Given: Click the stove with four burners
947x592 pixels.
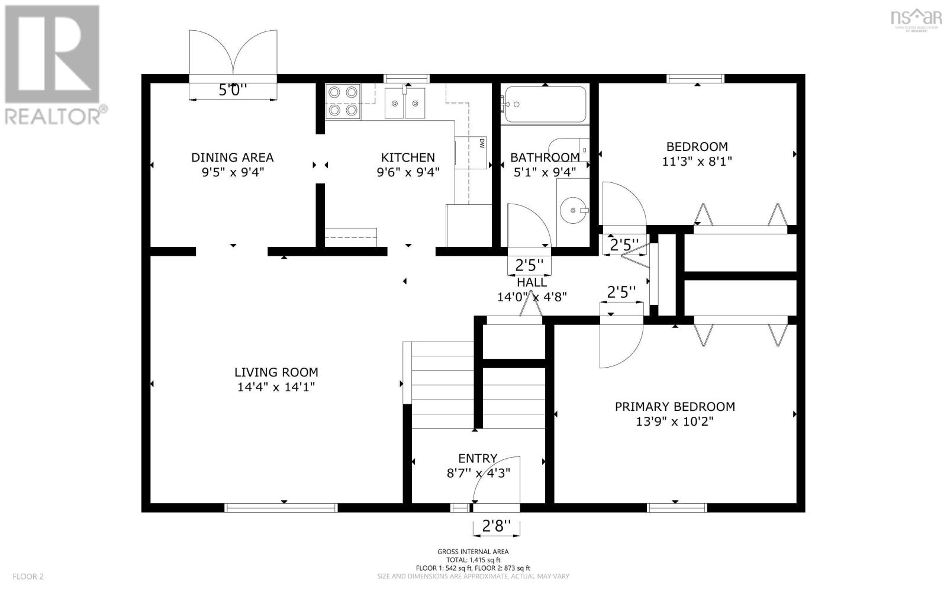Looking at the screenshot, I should [343, 101].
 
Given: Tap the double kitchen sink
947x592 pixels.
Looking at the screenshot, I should [405, 103].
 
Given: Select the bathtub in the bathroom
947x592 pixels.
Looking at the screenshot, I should [545, 105].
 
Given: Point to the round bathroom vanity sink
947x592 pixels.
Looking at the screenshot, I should [574, 209].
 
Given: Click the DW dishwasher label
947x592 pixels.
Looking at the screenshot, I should [482, 143].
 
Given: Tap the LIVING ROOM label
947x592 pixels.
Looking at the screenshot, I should [276, 372].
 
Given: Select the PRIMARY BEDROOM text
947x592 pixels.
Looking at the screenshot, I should [675, 407].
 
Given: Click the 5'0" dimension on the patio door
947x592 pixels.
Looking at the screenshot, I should [233, 91].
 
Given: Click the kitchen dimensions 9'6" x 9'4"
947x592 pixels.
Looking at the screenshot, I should [408, 172].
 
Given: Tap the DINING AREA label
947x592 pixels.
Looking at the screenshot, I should [232, 157].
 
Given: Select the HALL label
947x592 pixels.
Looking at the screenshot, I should [532, 283].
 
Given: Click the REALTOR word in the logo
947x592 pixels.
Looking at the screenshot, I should [53, 116].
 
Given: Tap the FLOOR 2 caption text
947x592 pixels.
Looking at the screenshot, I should [28, 576].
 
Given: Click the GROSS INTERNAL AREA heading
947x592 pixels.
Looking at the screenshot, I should [473, 552].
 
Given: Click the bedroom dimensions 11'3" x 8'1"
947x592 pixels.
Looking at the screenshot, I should [697, 161].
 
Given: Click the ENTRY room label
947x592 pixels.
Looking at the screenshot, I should [477, 458].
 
